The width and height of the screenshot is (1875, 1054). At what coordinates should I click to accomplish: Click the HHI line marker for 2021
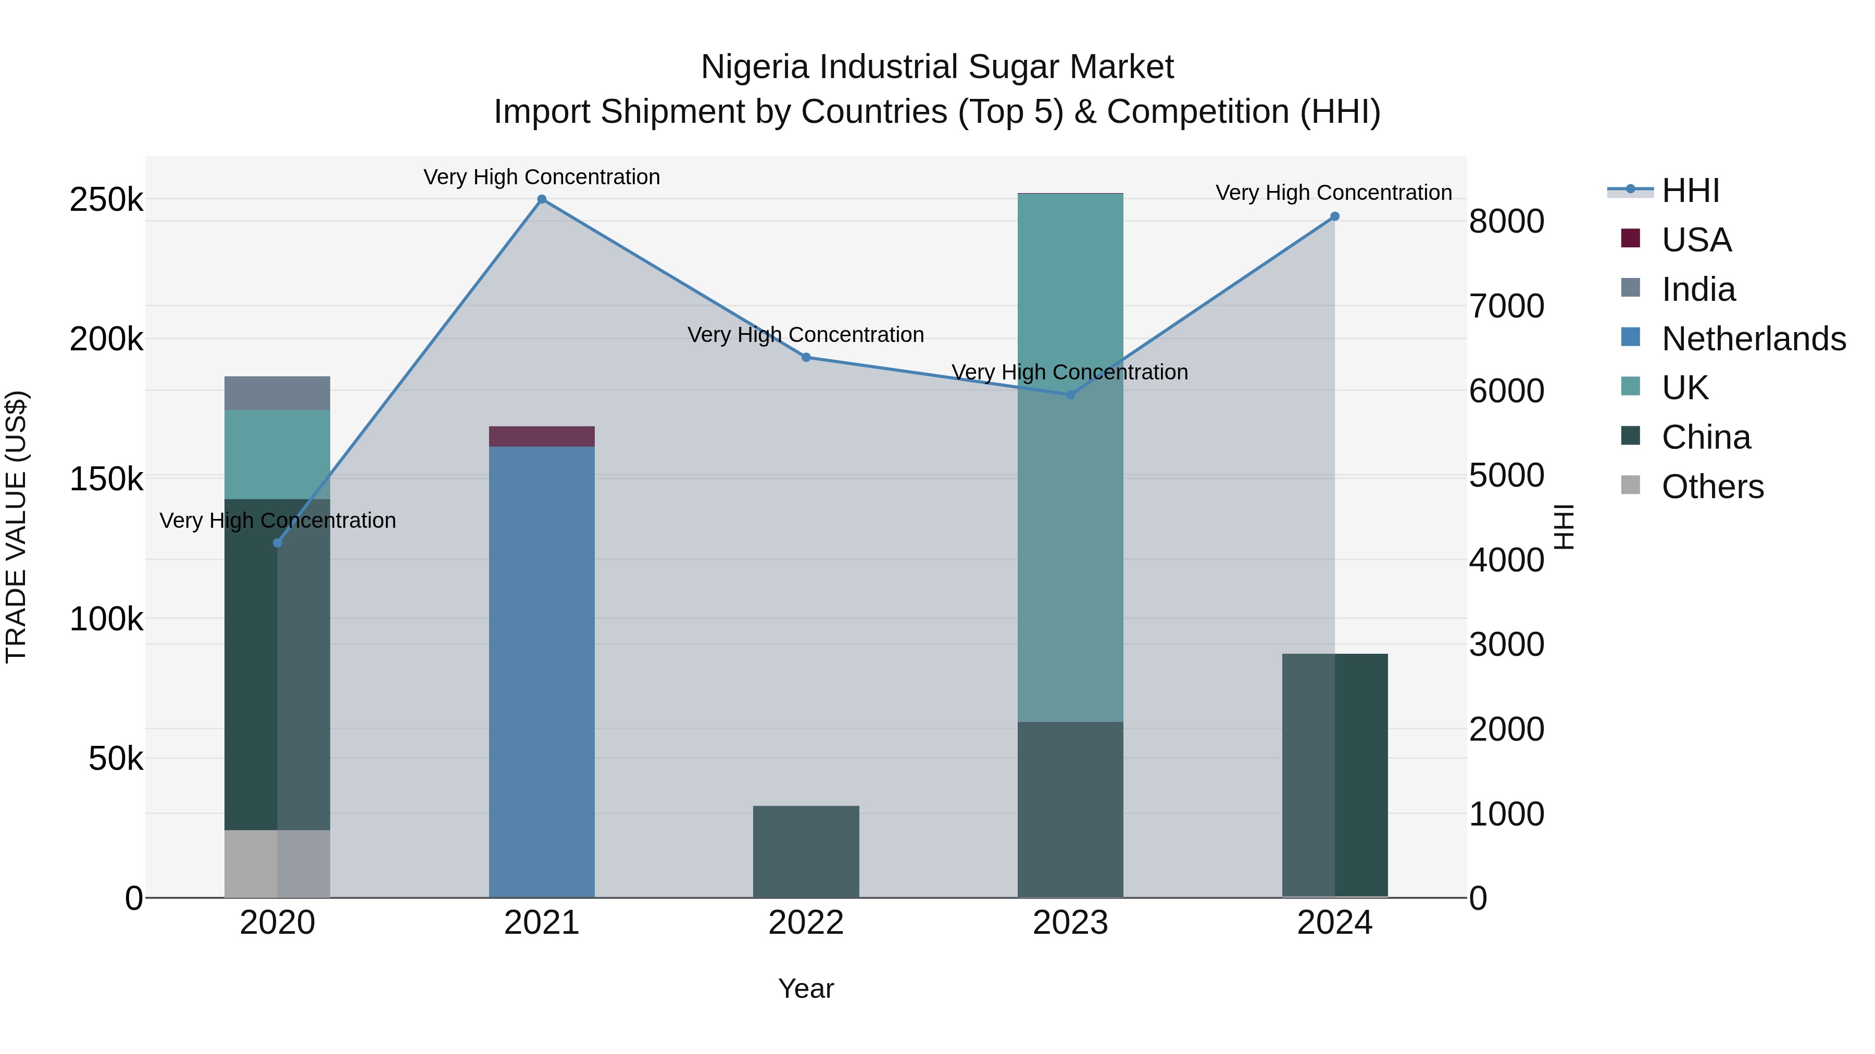542,199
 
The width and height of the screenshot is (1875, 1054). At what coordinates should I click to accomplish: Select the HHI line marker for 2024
1334,217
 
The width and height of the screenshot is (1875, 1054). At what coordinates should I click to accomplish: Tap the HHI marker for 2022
806,357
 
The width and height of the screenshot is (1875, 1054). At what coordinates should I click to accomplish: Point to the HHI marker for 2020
277,543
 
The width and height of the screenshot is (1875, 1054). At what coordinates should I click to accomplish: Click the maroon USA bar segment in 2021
542,437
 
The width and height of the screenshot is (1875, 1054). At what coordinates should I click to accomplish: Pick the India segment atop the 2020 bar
277,393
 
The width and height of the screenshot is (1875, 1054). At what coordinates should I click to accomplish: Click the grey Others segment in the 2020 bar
277,863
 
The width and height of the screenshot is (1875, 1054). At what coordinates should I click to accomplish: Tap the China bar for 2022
806,851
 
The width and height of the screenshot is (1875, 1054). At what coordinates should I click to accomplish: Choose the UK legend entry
1684,388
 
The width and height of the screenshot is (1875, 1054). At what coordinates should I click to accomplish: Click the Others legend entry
1712,487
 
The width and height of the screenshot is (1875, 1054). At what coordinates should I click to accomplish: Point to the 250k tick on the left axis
106,199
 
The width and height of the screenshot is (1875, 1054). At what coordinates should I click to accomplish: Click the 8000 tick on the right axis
1506,221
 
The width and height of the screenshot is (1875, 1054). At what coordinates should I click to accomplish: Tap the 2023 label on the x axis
1070,923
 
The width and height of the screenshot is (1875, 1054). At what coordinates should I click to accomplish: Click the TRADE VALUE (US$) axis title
16,527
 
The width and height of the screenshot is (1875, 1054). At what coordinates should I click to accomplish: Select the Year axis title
806,988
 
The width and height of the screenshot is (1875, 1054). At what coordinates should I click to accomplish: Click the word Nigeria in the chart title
755,67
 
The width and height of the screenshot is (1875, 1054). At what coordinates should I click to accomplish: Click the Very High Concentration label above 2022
806,335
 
